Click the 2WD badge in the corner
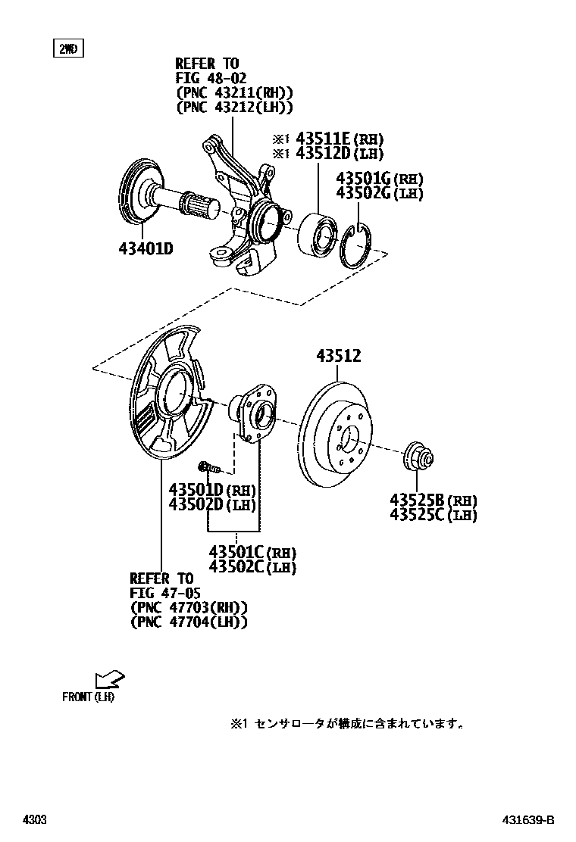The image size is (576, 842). pos(67,49)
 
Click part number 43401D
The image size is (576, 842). pos(146,248)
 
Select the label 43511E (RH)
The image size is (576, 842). pos(339,139)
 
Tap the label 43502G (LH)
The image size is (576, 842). pos(379,193)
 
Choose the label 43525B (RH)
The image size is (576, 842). pos(433,501)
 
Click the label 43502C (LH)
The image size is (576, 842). pos(252,566)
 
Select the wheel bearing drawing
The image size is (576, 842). pos(318,233)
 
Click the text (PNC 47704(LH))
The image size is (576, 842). pos(189,622)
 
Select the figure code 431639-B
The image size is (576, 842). pos(527,820)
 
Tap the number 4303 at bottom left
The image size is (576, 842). pos(34,820)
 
